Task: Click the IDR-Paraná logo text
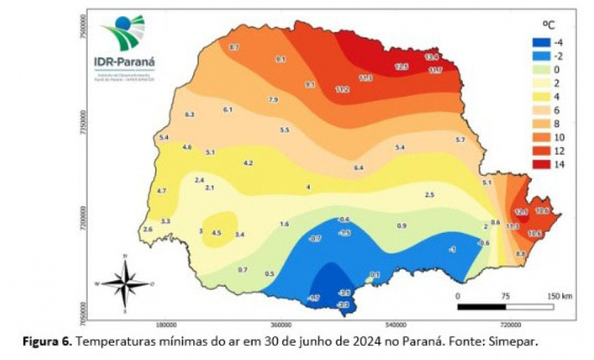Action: (125, 63)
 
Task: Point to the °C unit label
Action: (549, 25)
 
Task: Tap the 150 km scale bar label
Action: (558, 296)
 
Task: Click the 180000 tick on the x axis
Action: (167, 324)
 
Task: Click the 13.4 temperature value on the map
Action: (432, 57)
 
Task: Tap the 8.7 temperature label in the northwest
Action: (234, 47)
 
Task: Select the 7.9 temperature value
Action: (273, 100)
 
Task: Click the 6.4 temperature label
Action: (358, 168)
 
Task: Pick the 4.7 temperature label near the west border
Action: (162, 191)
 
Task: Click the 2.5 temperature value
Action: (429, 195)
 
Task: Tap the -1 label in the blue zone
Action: (452, 250)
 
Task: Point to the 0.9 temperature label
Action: (401, 226)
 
